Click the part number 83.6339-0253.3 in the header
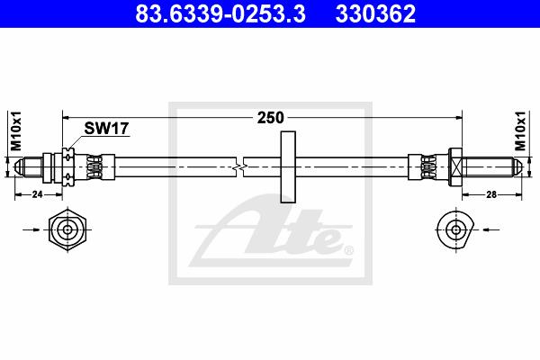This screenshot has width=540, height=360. (x=220, y=13)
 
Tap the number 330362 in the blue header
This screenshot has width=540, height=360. (x=375, y=13)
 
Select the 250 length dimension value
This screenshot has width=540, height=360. (x=270, y=118)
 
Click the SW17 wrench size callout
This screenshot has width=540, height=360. (x=106, y=129)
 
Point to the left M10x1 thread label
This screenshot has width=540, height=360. (x=16, y=130)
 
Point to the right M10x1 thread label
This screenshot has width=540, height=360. (x=520, y=130)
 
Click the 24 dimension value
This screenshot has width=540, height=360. (x=37, y=194)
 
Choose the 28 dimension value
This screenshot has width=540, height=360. (x=491, y=194)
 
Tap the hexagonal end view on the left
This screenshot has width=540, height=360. (x=67, y=229)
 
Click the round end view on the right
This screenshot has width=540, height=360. (x=455, y=229)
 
